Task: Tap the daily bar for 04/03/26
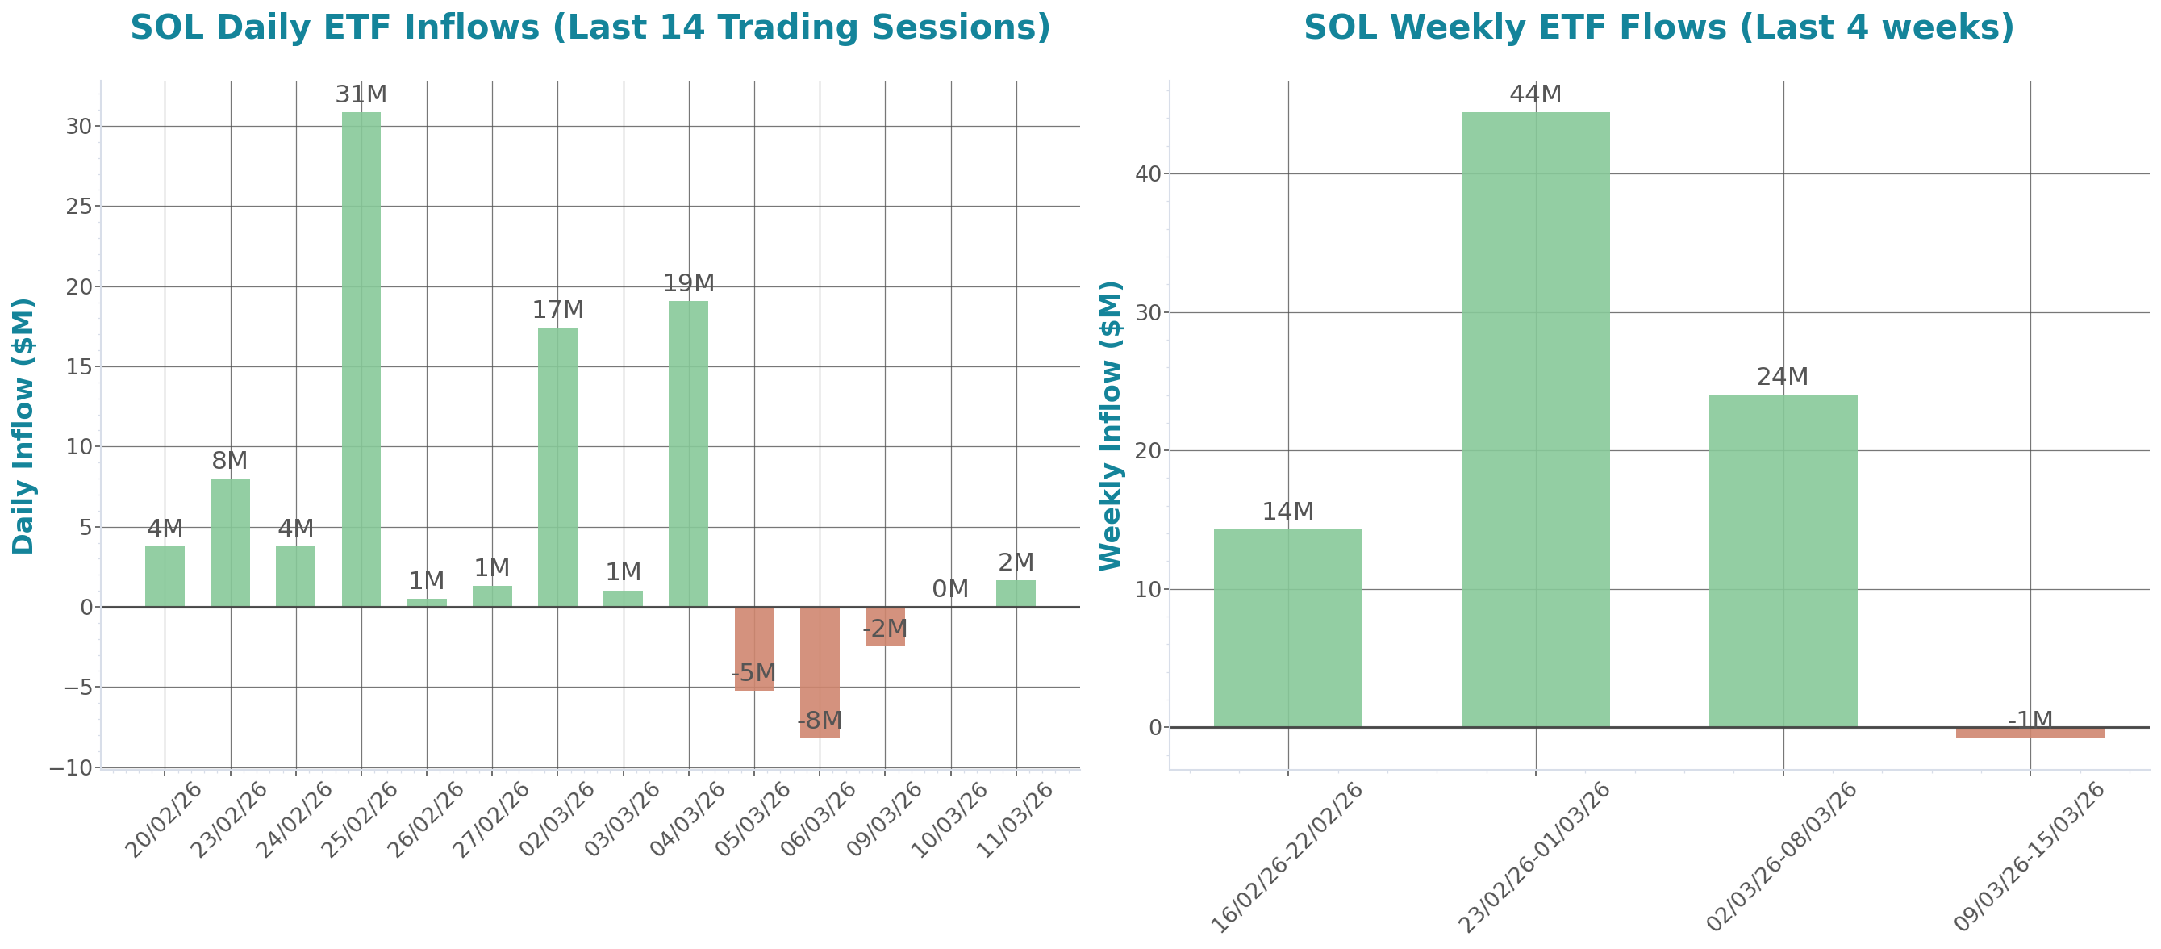click(x=688, y=453)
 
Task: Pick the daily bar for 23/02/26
click(x=230, y=542)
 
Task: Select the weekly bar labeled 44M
click(x=1534, y=420)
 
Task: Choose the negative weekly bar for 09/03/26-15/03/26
click(x=2030, y=734)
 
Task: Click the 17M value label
click(x=557, y=311)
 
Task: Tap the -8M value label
click(x=819, y=721)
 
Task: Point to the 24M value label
click(x=1782, y=378)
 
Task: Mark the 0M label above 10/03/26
click(x=949, y=589)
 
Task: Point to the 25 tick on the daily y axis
click(x=79, y=207)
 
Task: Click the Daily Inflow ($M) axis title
click(x=23, y=426)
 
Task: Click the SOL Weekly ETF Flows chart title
click(x=1658, y=27)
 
